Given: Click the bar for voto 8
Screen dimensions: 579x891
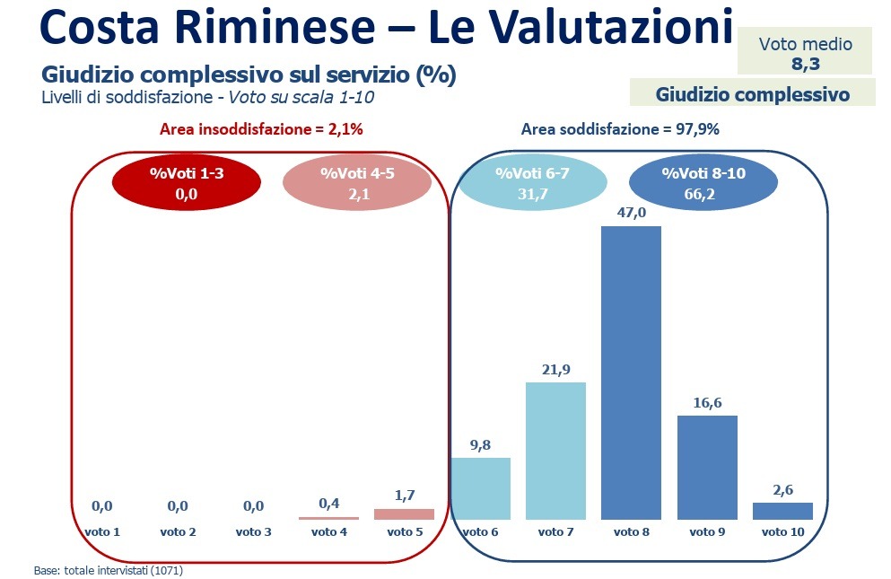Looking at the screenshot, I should click(631, 373).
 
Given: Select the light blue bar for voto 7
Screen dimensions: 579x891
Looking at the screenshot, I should click(555, 451).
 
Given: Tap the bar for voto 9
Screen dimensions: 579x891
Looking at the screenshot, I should click(707, 467).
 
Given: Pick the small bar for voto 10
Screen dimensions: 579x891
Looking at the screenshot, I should click(782, 511).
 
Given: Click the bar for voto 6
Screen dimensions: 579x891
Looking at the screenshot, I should click(480, 488).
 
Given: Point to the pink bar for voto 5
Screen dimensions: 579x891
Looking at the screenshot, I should click(404, 514).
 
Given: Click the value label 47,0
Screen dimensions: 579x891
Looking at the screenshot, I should click(631, 215).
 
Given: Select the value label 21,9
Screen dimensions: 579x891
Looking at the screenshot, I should click(556, 371).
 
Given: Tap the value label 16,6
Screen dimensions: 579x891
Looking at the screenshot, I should click(707, 403).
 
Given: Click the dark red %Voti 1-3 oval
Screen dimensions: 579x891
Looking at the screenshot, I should click(186, 182).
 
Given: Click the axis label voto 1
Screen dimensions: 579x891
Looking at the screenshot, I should click(102, 532).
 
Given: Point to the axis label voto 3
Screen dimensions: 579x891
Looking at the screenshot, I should click(253, 532).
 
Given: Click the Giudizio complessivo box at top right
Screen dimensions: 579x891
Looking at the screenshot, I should click(752, 93).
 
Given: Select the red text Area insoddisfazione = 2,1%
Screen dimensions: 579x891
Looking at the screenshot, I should click(261, 129).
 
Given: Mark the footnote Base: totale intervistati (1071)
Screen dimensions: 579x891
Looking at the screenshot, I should click(109, 569).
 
